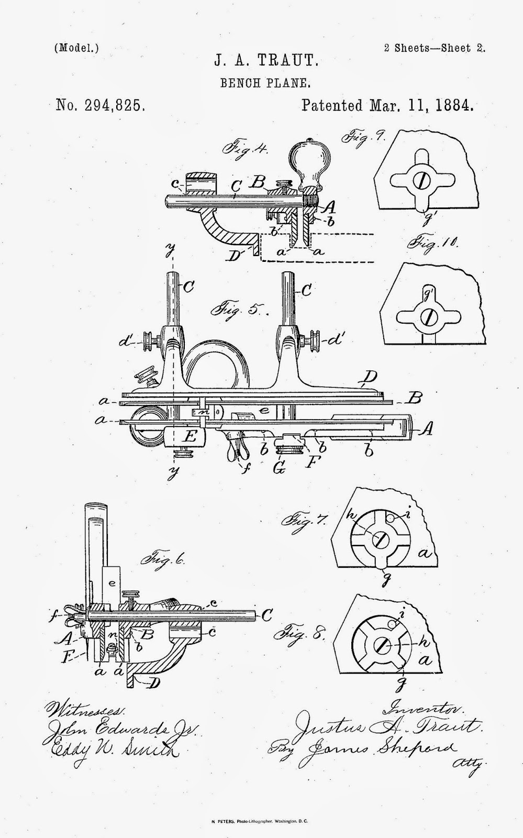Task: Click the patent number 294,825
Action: tap(100, 106)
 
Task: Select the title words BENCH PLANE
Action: tap(266, 82)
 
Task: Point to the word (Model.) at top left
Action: tap(76, 48)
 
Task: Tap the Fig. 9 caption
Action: tap(364, 138)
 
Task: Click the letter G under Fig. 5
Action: tap(279, 469)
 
